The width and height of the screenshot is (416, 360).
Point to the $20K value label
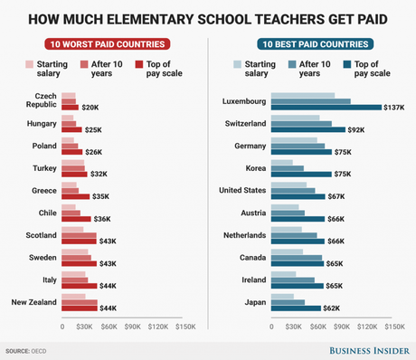pyautogui.click(x=90, y=108)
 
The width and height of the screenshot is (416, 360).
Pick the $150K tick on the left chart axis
pyautogui.click(x=184, y=327)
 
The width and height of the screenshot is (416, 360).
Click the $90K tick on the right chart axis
pyautogui.click(x=344, y=327)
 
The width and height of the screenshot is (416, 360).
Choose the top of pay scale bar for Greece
pyautogui.click(x=75, y=195)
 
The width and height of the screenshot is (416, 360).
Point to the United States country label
pyautogui.click(x=241, y=190)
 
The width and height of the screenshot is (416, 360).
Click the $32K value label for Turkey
pyautogui.click(x=99, y=174)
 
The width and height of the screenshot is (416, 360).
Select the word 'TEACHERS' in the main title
pyautogui.click(x=265, y=16)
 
